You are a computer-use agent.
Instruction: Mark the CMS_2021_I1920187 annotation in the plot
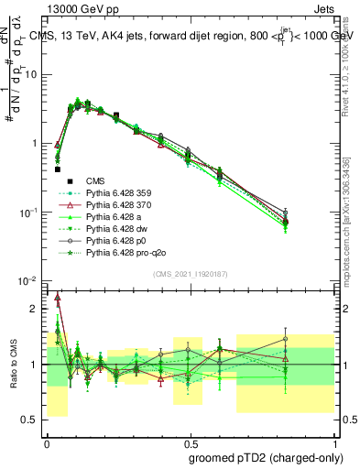pyautogui.click(x=190, y=272)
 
